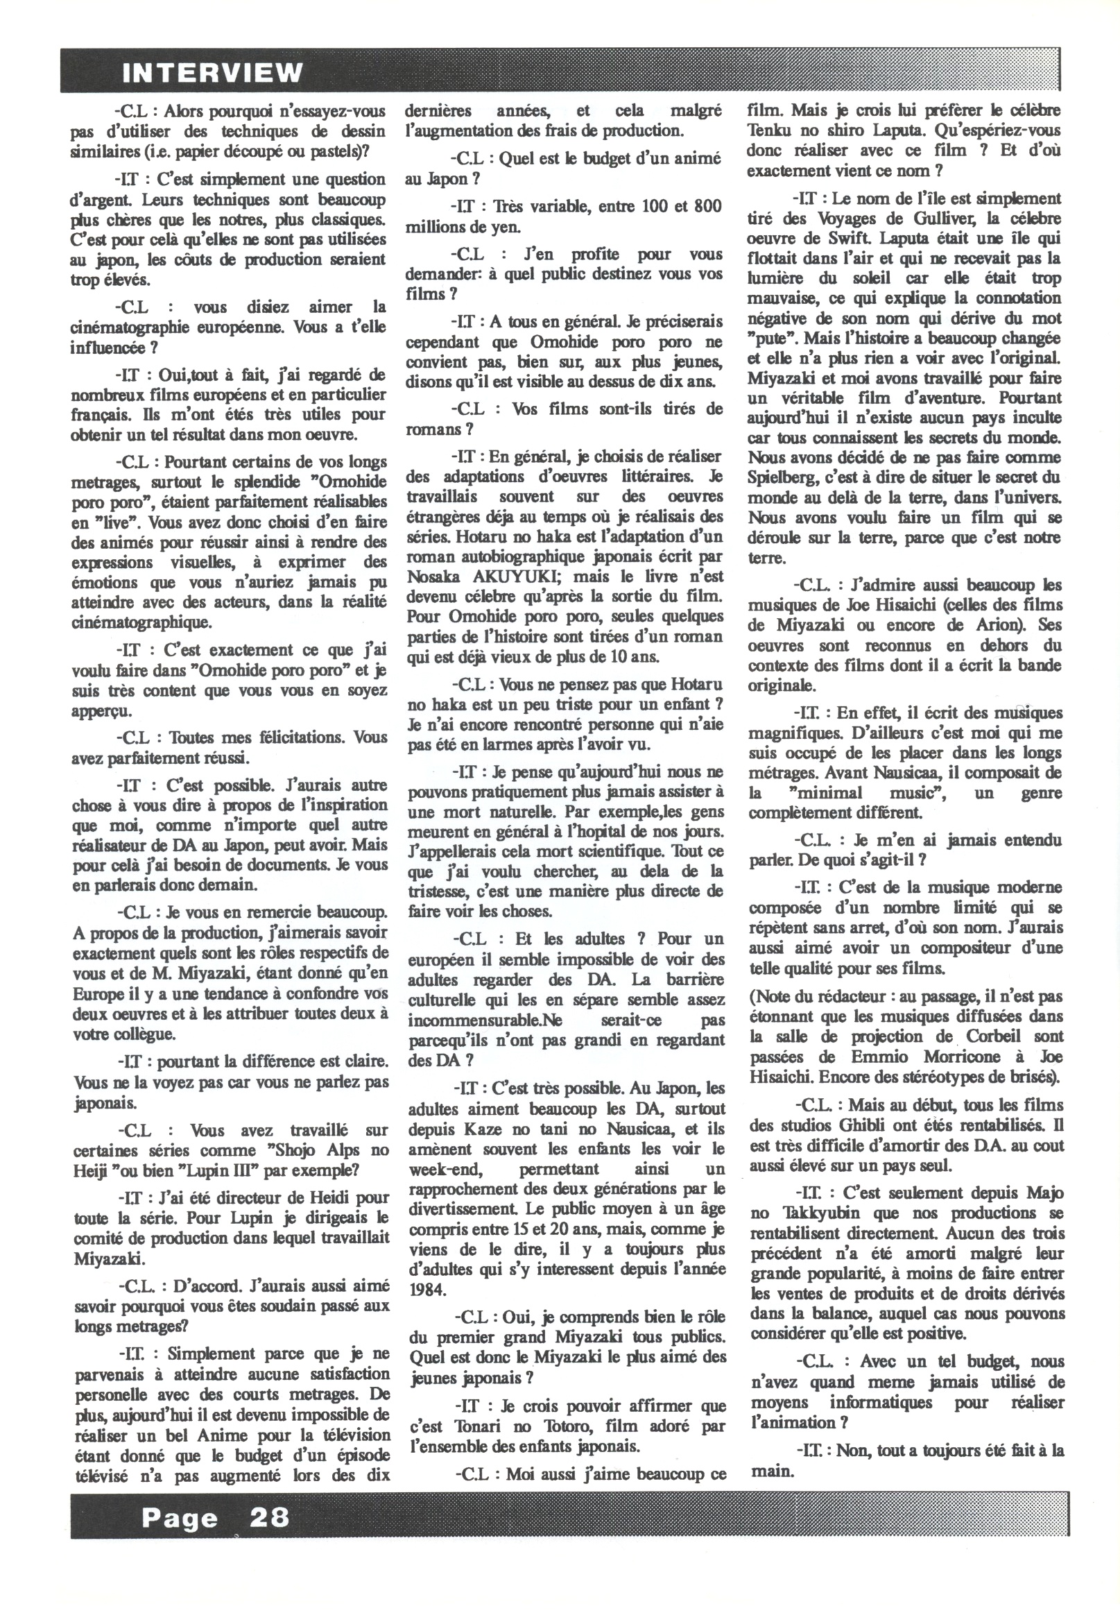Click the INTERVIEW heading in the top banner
click(x=213, y=72)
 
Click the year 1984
click(x=425, y=1288)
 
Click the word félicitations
click(x=268, y=737)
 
